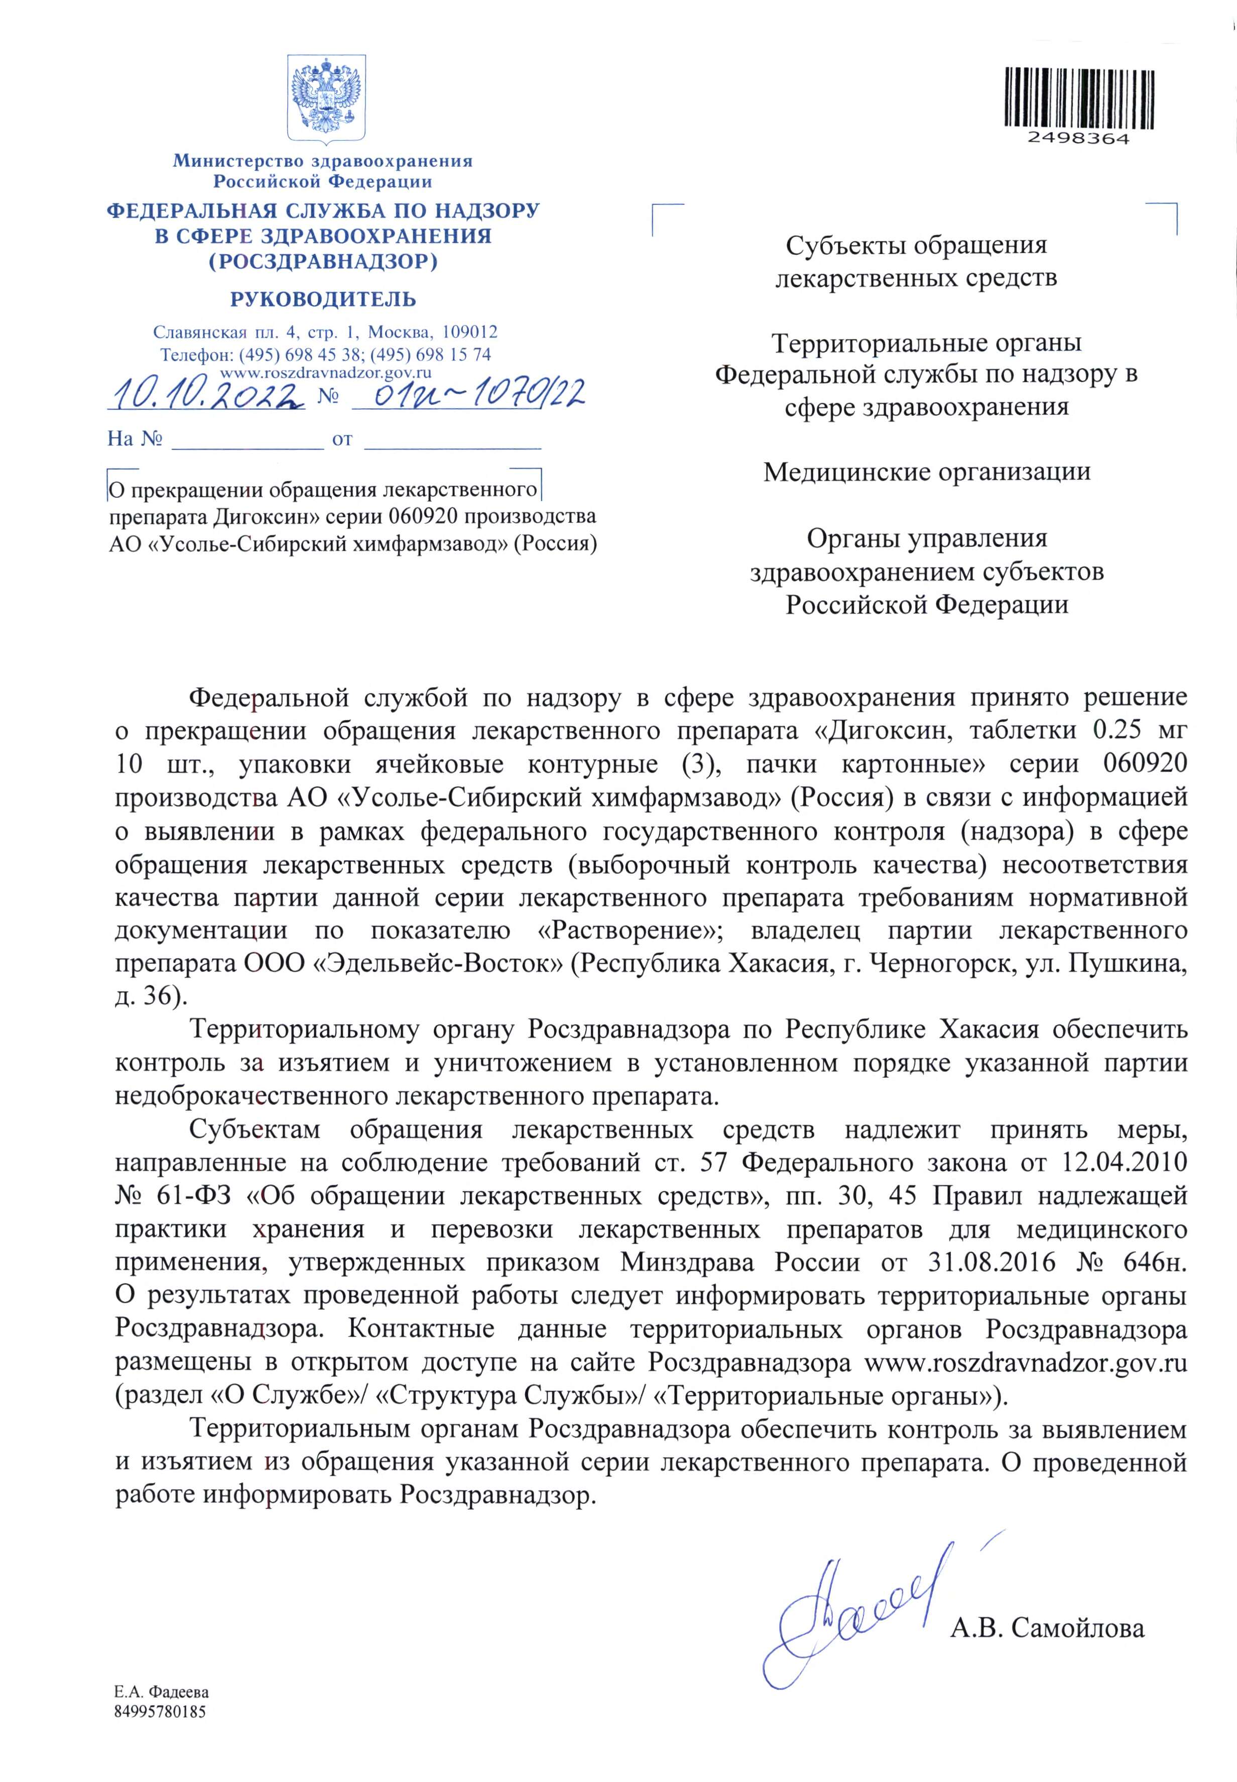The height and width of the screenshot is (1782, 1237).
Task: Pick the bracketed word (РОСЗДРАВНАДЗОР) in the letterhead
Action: pyautogui.click(x=323, y=262)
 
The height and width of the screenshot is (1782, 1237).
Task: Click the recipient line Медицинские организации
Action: pyautogui.click(x=927, y=472)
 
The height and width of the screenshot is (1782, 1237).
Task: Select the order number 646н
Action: pyautogui.click(x=1153, y=1263)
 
